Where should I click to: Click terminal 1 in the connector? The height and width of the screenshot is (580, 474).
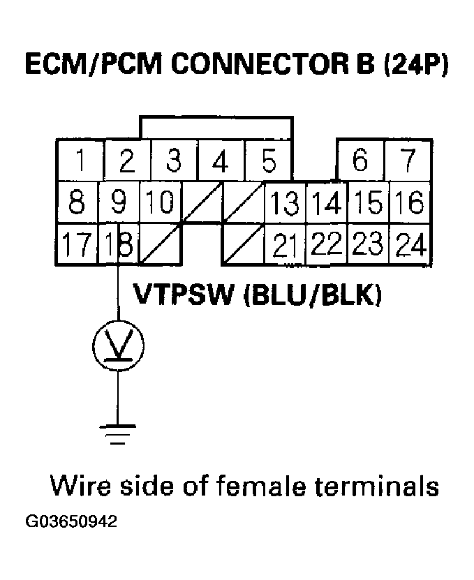point(81,162)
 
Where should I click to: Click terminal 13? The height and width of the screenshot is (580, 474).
point(285,203)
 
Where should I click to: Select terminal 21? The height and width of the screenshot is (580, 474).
point(285,244)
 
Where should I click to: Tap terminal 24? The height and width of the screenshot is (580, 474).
point(410,244)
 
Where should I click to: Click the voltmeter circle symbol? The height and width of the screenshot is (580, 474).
point(118,344)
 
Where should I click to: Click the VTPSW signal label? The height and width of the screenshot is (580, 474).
point(183,295)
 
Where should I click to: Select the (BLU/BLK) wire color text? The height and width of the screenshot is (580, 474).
point(313,295)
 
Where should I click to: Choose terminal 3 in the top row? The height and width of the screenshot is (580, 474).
point(175,162)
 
